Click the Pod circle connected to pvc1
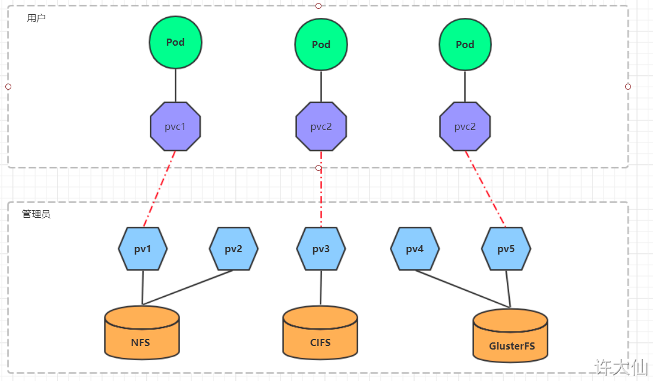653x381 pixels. pos(175,42)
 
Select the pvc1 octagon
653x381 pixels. pos(175,126)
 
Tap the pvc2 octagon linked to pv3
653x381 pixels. pos(321,126)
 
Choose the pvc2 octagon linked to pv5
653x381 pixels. pos(465,126)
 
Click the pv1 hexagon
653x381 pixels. pos(143,249)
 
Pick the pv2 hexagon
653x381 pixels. pos(234,249)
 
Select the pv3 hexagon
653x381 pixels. pos(321,249)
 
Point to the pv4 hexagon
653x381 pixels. pos(415,249)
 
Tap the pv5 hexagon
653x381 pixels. pos(506,249)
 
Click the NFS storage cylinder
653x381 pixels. pos(142,333)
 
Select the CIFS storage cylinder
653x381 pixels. pos(320,333)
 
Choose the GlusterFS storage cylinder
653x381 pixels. pos(510,335)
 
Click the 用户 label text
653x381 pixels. pos(36,18)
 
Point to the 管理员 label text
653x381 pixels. pos(36,214)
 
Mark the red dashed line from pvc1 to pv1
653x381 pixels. pos(159,189)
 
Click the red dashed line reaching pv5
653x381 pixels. pos(485,189)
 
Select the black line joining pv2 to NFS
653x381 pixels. pos(187,287)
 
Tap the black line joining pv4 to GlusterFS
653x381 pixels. pos(463,289)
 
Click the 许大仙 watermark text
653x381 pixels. pos(622,367)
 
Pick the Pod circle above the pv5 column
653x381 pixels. pos(465,45)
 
